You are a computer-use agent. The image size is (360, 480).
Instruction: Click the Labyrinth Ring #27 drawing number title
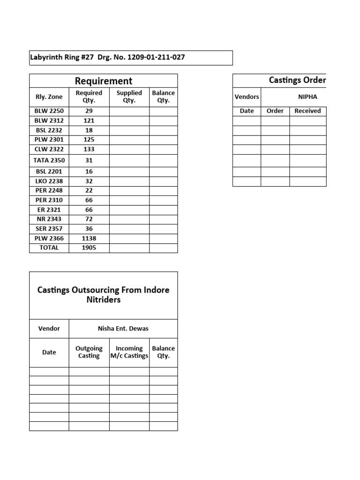coord(108,58)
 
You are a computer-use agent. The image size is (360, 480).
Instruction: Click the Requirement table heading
coord(104,81)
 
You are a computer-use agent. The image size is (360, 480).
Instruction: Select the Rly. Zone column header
coord(49,97)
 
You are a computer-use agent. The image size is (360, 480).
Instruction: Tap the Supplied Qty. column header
coord(129,97)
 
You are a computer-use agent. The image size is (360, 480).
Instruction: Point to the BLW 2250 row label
coord(49,111)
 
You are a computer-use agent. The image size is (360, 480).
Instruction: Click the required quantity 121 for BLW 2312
coord(89,120)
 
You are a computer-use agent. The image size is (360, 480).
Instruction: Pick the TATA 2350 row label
coord(49,160)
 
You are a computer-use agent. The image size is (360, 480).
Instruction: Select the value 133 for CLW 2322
coord(89,149)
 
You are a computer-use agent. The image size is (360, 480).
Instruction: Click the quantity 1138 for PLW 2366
coord(89,238)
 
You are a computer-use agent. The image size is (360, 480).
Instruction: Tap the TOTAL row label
coord(49,247)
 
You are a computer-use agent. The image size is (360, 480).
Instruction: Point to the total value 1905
coord(89,247)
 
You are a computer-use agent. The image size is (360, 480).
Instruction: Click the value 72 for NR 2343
coord(89,219)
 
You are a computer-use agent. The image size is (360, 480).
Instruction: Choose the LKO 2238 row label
coord(49,181)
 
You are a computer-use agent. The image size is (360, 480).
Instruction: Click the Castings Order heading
coord(297,80)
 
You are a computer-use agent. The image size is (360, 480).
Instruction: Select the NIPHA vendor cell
coord(307,97)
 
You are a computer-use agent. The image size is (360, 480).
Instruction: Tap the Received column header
coord(307,111)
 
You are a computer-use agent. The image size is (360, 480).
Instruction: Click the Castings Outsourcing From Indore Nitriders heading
coord(104,295)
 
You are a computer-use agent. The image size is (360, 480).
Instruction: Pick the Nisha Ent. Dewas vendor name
coord(123,329)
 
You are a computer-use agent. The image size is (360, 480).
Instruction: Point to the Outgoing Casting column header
coord(89,352)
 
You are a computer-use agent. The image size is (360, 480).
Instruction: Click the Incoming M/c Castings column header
coord(129,352)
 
